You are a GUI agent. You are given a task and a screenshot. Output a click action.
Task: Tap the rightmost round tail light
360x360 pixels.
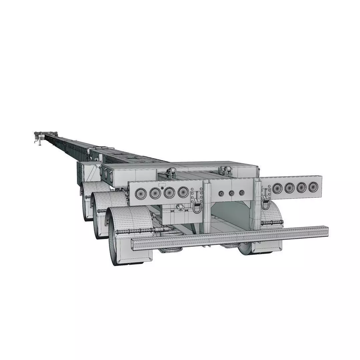(313, 187)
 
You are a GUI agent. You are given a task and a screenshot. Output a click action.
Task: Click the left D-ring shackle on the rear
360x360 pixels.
(197, 205)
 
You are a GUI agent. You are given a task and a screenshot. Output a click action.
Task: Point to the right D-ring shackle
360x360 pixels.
(266, 202)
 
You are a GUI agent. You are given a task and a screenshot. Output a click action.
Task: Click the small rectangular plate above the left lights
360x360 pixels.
(162, 184)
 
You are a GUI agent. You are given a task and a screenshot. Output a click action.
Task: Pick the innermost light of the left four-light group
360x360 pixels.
(183, 192)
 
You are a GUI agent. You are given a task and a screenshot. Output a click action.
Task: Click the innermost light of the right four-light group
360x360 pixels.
(277, 188)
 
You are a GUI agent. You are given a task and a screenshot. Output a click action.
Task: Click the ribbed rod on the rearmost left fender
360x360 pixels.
(133, 231)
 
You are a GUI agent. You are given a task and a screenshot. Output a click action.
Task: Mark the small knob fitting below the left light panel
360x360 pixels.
(180, 208)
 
